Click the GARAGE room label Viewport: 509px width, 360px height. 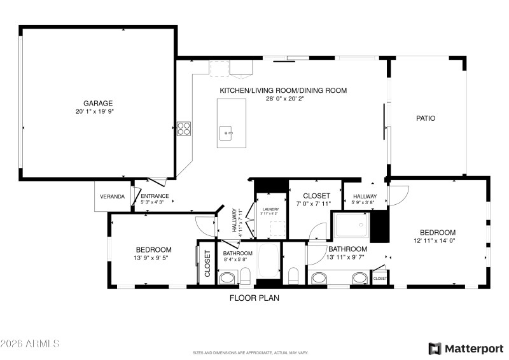[x=98, y=103]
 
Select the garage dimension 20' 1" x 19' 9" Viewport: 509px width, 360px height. [x=98, y=111]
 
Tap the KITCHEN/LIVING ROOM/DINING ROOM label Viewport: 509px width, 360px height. [x=283, y=90]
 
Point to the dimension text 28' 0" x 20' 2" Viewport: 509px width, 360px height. [x=283, y=99]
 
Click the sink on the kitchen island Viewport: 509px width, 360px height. [x=227, y=134]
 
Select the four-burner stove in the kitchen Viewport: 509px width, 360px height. [x=184, y=128]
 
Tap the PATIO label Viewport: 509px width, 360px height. [x=426, y=118]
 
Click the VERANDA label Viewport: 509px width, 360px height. [x=112, y=197]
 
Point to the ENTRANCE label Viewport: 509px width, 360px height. [x=155, y=196]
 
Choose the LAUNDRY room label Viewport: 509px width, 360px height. [x=270, y=207]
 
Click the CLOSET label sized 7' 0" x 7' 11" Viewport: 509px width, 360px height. [x=316, y=196]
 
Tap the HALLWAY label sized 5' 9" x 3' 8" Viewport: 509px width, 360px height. [x=365, y=196]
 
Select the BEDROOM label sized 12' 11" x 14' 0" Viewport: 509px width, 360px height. [x=437, y=232]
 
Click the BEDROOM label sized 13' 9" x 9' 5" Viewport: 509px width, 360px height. [x=153, y=249]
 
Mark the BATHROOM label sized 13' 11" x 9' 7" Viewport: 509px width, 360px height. [x=347, y=249]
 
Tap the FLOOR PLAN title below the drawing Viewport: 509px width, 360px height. [x=254, y=297]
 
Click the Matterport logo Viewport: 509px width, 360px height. [x=465, y=348]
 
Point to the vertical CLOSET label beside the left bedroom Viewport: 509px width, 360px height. [x=207, y=263]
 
